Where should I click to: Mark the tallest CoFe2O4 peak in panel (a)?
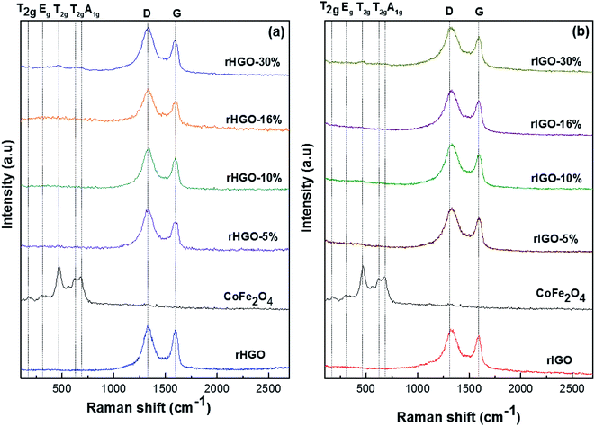coord(59,268)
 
